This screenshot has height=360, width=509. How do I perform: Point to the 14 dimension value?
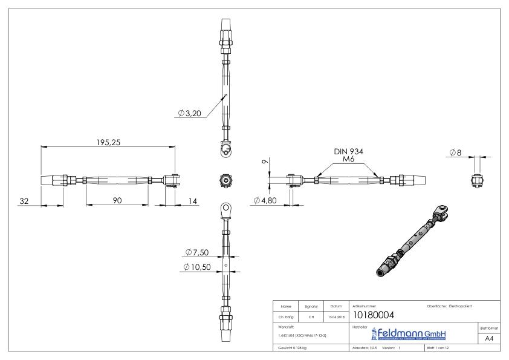pyautogui.click(x=192, y=200)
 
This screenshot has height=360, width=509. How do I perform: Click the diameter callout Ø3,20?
pyautogui.click(x=189, y=113)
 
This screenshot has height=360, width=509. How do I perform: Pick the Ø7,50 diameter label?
pyautogui.click(x=197, y=252)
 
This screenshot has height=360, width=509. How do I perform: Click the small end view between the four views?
pyautogui.click(x=225, y=180)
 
